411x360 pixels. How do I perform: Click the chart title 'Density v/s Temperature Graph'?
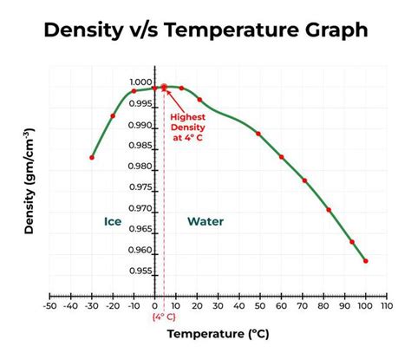[x=205, y=31]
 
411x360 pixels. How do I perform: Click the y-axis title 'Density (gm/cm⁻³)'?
[x=29, y=182]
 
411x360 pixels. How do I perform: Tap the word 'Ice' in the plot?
[x=113, y=221]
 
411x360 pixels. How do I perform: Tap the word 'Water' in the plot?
[x=205, y=221]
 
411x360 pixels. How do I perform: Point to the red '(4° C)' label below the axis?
[x=164, y=317]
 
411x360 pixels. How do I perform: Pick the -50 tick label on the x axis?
[x=50, y=305]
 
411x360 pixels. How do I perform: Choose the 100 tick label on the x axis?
[x=366, y=305]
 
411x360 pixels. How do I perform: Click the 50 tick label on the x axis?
[x=260, y=305]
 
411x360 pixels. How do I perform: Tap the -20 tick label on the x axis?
[x=113, y=305]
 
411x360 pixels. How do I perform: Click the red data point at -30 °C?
[x=92, y=157]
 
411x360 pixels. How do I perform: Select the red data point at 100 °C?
[x=366, y=260]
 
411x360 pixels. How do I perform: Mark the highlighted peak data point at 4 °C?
[x=164, y=87]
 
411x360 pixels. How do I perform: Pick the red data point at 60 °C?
[x=281, y=157]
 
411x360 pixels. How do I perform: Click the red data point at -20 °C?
[x=113, y=115]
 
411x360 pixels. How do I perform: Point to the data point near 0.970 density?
[x=329, y=209]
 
